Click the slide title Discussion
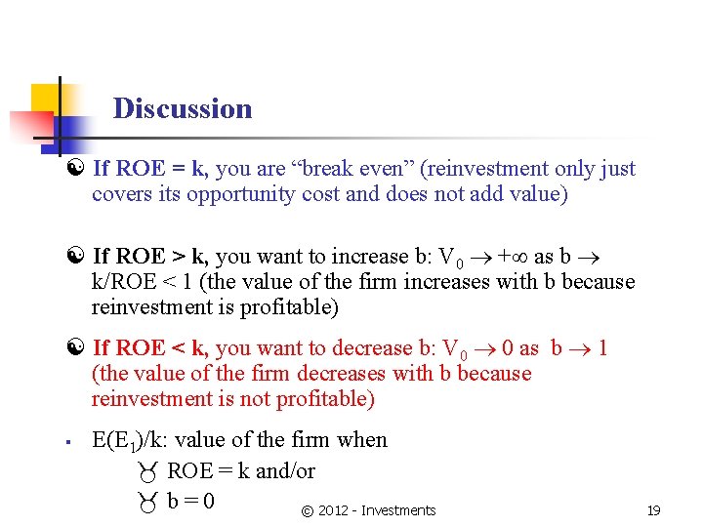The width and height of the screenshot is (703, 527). point(183,108)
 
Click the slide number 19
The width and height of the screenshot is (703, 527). point(653,510)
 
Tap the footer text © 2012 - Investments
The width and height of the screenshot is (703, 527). point(368,510)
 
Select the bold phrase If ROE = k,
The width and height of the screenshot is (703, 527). point(150,169)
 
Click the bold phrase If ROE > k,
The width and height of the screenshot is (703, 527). point(150,257)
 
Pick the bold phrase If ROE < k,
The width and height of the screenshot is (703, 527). point(150,348)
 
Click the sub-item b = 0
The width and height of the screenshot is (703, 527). point(190,502)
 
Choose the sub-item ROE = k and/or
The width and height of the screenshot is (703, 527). point(241,471)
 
